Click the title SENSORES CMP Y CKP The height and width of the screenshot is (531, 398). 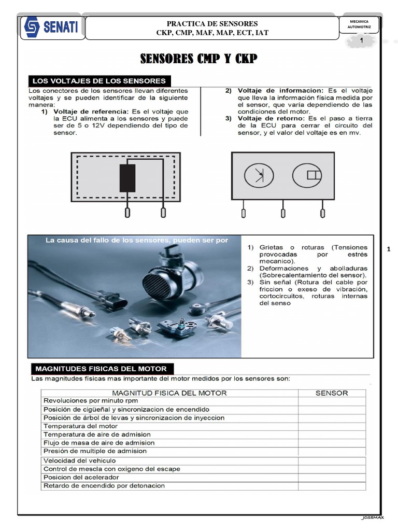198,59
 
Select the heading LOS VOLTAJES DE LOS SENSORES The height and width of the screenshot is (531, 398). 99,81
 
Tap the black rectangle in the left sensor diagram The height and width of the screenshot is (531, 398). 127,178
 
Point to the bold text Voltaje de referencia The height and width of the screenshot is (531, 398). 91,111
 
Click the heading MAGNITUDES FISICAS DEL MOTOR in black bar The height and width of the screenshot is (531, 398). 101,369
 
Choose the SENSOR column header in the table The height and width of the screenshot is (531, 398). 332,393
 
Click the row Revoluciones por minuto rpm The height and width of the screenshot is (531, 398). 91,401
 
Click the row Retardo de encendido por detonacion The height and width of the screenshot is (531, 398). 104,485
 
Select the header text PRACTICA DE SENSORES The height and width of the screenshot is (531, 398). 212,24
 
